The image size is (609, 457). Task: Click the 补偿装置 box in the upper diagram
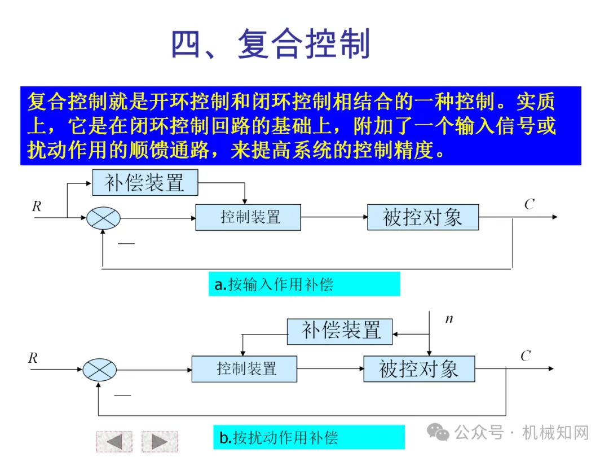click(145, 183)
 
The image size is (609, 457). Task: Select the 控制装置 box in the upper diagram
click(248, 217)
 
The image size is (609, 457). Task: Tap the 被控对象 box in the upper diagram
click(422, 217)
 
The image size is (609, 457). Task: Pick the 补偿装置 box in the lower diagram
click(341, 331)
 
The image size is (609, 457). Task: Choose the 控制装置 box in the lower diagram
click(244, 369)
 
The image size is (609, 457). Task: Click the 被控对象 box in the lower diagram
click(419, 369)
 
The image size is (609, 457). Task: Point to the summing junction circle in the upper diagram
click(104, 218)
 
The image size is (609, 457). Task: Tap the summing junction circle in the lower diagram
click(100, 370)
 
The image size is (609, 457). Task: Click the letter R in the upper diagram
click(37, 206)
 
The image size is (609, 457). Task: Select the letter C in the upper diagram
click(529, 205)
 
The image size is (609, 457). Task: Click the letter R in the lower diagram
click(33, 358)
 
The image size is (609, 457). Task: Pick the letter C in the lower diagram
click(526, 356)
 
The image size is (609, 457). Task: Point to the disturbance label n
click(449, 319)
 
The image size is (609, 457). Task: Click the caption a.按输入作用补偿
click(304, 284)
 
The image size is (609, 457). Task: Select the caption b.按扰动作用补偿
click(308, 437)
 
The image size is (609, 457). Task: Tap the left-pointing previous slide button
click(114, 441)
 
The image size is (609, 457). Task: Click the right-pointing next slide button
click(160, 441)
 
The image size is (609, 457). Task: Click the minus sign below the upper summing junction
click(126, 243)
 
